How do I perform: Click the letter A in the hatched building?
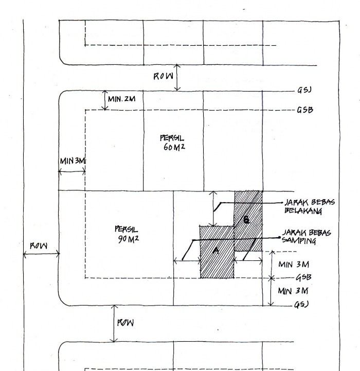[x=215, y=251]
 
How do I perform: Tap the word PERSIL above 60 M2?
[x=172, y=138]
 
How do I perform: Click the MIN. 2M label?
[x=122, y=98]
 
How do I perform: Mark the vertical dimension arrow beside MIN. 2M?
[x=104, y=101]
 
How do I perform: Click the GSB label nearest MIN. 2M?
[x=305, y=110]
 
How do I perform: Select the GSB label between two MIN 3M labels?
[x=302, y=278]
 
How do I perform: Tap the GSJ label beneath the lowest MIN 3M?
[x=301, y=305]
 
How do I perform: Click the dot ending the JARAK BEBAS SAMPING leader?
[x=280, y=238]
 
